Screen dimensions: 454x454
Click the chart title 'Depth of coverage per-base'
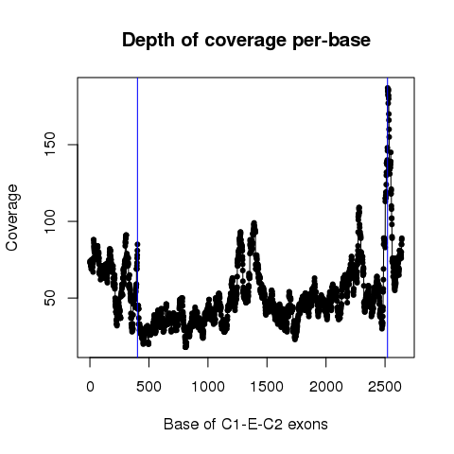pyautogui.click(x=246, y=41)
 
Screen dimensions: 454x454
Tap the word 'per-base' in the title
pyautogui.click(x=331, y=41)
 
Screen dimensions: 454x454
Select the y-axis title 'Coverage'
pyautogui.click(x=11, y=218)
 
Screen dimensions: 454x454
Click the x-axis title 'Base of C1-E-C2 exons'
pyautogui.click(x=246, y=424)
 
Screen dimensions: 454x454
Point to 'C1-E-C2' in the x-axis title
pyautogui.click(x=252, y=424)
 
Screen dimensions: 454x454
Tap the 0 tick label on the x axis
pyautogui.click(x=90, y=387)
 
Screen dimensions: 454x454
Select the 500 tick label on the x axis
pyautogui.click(x=148, y=387)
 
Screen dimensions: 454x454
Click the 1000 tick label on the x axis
pyautogui.click(x=208, y=387)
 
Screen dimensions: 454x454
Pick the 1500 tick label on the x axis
pyautogui.click(x=267, y=387)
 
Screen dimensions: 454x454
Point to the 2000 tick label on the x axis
pyautogui.click(x=326, y=387)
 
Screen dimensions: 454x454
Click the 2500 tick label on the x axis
pyautogui.click(x=385, y=387)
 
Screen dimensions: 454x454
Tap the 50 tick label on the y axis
pyautogui.click(x=50, y=298)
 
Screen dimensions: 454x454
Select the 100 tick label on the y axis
pyautogui.click(x=50, y=221)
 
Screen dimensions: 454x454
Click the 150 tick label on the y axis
pyautogui.click(x=50, y=145)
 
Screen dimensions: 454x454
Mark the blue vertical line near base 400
pyautogui.click(x=137, y=218)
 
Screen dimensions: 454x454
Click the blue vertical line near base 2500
pyautogui.click(x=387, y=218)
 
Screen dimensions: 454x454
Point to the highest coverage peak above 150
pyautogui.click(x=388, y=89)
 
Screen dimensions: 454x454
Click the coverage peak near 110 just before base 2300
pyautogui.click(x=358, y=207)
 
